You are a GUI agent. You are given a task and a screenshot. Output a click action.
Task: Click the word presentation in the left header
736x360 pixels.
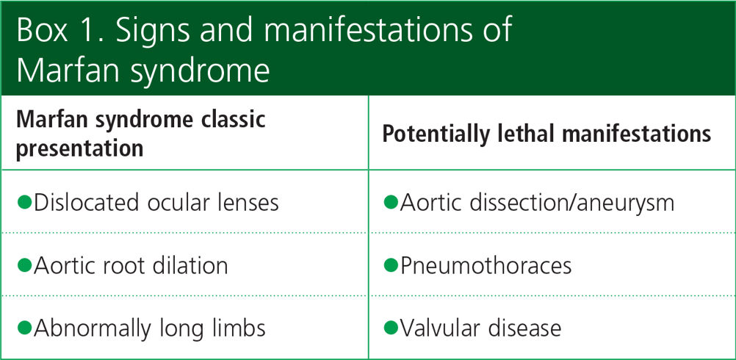pos(80,148)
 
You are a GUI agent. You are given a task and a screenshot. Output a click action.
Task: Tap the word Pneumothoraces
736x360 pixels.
pos(486,266)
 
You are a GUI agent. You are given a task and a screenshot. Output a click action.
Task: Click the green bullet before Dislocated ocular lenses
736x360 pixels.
pos(24,202)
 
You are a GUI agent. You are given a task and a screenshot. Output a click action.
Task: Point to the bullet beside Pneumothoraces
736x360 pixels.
pos(391,265)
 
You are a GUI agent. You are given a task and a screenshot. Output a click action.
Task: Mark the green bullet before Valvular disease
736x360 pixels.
pos(391,328)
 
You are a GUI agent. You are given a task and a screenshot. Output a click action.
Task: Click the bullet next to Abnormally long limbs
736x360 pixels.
pos(24,328)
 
